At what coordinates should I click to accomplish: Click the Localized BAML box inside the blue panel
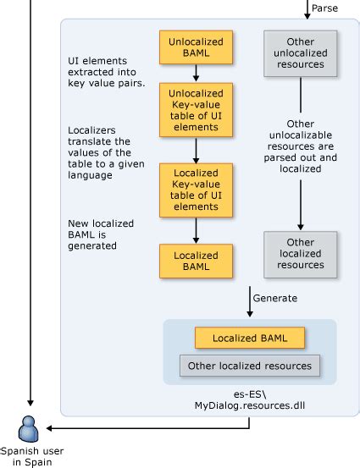coord(249,339)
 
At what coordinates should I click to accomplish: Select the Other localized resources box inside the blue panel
coord(249,366)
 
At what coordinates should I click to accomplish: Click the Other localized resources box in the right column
coord(300,253)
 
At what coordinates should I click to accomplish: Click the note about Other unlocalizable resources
coord(300,146)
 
